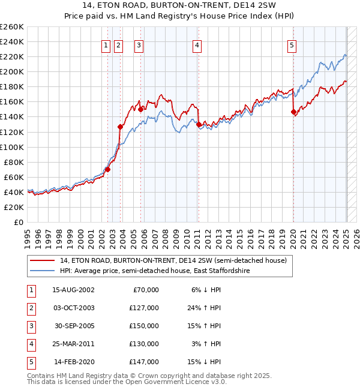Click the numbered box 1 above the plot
(x=106, y=44)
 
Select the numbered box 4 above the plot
(x=197, y=44)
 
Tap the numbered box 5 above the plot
(x=292, y=44)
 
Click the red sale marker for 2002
(x=108, y=169)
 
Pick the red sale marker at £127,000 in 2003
(x=120, y=127)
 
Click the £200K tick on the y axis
(x=12, y=71)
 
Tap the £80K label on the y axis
(x=13, y=162)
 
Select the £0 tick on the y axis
(x=19, y=222)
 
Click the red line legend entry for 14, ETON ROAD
(x=174, y=260)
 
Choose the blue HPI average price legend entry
(x=154, y=271)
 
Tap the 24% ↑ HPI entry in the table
(x=203, y=308)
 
